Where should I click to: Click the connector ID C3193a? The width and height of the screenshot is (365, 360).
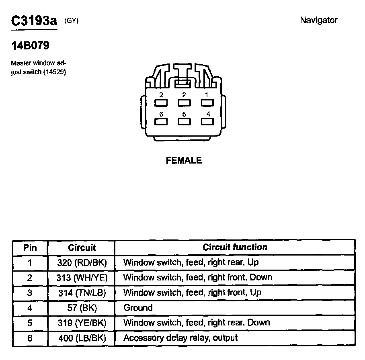point(34,21)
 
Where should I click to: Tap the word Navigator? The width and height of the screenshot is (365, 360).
point(319,20)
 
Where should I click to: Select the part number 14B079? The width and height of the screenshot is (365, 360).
point(30,46)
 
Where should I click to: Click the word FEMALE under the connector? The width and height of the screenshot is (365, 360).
point(184,161)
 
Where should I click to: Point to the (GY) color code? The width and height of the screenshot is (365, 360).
point(71,21)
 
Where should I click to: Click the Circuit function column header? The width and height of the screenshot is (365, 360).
point(235,247)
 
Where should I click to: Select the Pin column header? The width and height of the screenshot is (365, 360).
point(30,247)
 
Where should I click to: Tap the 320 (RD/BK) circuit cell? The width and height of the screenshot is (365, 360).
point(82,263)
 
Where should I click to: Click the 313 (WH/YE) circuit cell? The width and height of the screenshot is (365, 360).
point(82,278)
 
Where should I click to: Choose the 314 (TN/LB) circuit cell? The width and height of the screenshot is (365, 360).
point(82,292)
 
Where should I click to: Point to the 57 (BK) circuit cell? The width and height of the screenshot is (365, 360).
point(82,308)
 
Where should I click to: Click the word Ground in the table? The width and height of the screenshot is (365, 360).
point(138,308)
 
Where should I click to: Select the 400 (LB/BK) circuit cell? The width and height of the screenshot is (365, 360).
point(82,338)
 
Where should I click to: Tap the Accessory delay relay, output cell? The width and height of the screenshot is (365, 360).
point(180,338)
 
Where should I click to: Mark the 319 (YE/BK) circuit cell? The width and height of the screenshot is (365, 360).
point(82,323)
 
